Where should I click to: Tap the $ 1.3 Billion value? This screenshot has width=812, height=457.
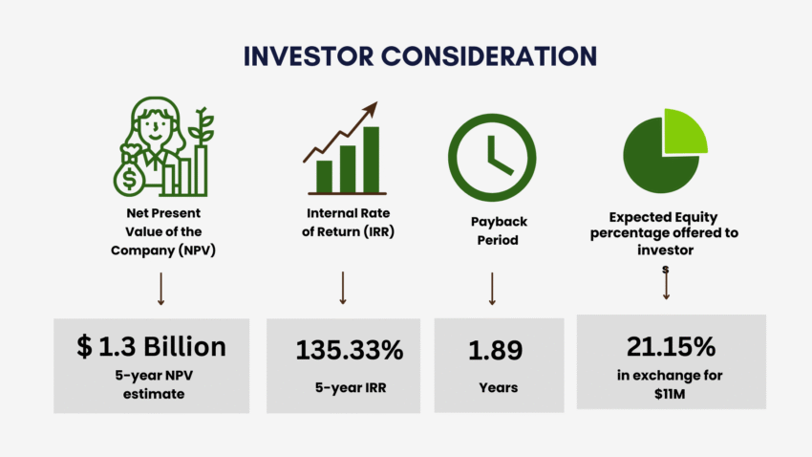click(x=152, y=346)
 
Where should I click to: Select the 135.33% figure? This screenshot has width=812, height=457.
click(x=343, y=350)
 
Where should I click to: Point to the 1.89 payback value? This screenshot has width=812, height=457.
click(x=495, y=350)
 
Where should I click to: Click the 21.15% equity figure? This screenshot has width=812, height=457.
click(x=671, y=345)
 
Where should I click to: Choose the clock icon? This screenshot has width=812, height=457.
click(x=492, y=153)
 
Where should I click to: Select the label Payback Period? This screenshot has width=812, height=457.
click(x=498, y=230)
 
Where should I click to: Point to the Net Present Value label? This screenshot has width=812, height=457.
click(x=161, y=228)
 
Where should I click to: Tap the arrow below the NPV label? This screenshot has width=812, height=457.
click(x=160, y=288)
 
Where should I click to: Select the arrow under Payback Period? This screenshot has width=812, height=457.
click(x=492, y=288)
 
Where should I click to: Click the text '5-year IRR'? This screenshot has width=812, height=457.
click(x=343, y=387)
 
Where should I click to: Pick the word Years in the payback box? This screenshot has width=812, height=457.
click(x=497, y=387)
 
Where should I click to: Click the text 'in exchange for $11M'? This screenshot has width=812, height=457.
click(x=671, y=380)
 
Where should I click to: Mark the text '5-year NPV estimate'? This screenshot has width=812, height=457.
click(x=152, y=382)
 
